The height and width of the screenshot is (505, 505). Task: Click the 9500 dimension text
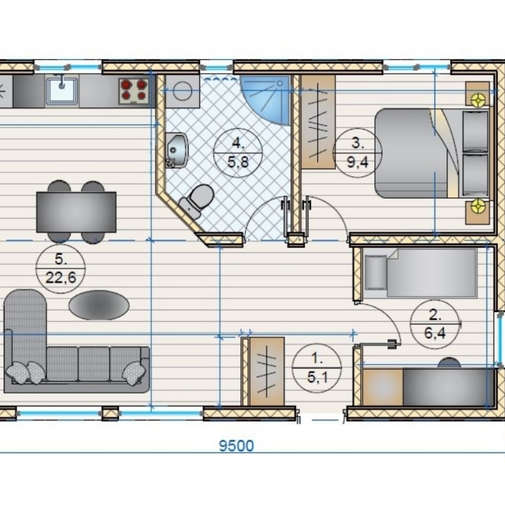(x=236, y=446)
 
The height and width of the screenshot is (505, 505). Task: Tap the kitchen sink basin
(x=62, y=90)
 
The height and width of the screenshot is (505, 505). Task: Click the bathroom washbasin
(x=176, y=150)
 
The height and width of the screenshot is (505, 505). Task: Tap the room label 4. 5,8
(x=238, y=153)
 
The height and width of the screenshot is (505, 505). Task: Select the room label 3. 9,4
(x=357, y=153)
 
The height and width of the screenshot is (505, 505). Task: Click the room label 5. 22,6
(x=61, y=268)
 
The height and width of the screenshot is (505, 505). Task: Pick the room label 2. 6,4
(x=435, y=324)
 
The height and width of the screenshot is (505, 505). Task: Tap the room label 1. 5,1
(x=317, y=368)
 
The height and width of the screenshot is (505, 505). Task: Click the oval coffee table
(x=99, y=305)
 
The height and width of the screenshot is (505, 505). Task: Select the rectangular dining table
(x=76, y=212)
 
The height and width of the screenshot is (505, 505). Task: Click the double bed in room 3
(x=432, y=153)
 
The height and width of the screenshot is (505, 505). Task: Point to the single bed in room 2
(x=420, y=273)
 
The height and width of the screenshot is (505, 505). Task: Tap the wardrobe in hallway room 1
(x=267, y=372)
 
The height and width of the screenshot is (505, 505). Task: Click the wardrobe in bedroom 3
(x=318, y=122)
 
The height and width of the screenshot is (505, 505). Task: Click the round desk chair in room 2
(x=449, y=363)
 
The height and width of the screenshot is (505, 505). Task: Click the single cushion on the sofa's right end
(x=132, y=373)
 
